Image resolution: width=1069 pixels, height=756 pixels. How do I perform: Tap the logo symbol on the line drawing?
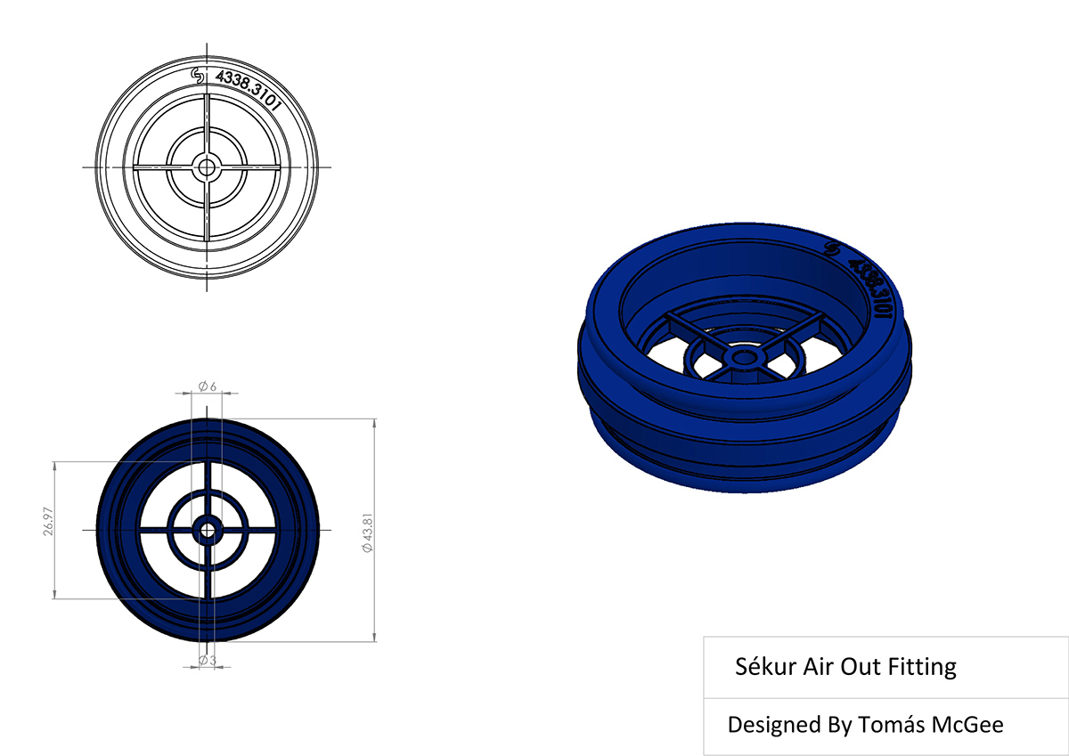click(x=199, y=76)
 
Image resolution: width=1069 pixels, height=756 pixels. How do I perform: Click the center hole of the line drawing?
click(x=207, y=167)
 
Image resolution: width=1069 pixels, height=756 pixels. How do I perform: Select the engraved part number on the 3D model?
click(x=869, y=284)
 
